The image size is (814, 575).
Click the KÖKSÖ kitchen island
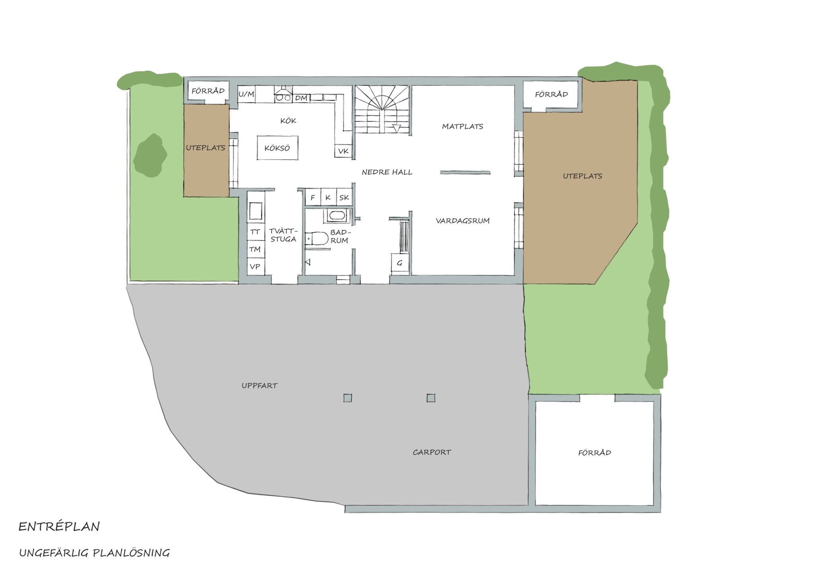coord(277,148)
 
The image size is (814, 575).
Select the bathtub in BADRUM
coord(337,216)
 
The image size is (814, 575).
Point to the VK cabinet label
coord(343,151)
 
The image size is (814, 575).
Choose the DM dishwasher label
coord(301,98)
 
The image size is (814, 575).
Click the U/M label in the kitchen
coord(246,94)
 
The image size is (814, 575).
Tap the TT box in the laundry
coord(256,232)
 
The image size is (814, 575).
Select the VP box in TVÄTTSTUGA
coord(256,266)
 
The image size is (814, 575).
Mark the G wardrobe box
coord(400,263)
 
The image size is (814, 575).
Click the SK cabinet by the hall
coord(344,197)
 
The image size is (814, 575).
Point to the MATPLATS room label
coord(463,127)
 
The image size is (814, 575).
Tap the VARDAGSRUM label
coord(463,221)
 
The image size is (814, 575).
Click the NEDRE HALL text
coord(387,172)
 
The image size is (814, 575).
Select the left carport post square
coord(348,398)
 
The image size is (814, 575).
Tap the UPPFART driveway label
coord(260,386)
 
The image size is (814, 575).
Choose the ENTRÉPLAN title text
coord(59,527)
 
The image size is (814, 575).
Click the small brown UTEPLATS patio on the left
coord(206,151)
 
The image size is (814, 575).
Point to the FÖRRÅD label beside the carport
coord(595,452)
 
